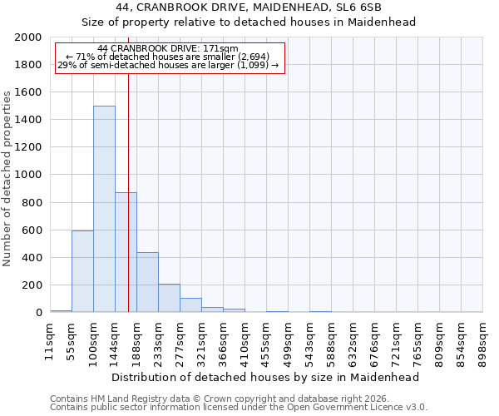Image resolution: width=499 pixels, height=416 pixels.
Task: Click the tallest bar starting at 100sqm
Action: coord(104,209)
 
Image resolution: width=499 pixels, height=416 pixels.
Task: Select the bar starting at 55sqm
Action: coord(82,271)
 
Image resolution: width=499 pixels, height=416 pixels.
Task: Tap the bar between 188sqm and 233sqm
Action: coord(147,282)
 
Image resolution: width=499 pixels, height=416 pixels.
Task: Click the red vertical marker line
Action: coord(128,191)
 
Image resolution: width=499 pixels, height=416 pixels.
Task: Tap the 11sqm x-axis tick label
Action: coord(49,342)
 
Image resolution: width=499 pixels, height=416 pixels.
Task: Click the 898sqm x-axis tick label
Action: coord(482,342)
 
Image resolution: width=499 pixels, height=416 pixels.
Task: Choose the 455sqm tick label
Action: coord(266,342)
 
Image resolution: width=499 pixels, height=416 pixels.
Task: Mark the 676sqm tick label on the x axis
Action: coord(374,342)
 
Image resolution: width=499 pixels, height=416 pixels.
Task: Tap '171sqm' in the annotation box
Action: coord(226,49)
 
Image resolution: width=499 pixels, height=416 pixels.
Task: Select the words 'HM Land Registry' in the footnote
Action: coord(122,399)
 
